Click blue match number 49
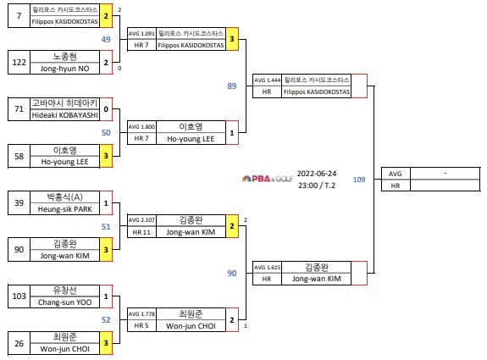pos(106,39)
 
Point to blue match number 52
pos(106,319)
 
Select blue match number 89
pos(232,86)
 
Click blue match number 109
pos(359,179)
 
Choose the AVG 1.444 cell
pos(266,80)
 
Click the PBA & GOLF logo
pos(268,180)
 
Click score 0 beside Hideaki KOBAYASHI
pos(106,109)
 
